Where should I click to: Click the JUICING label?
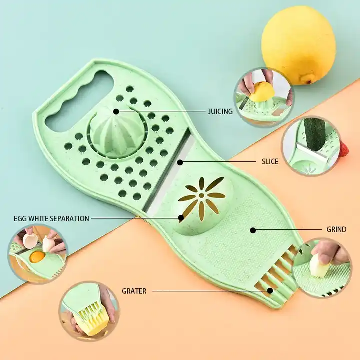pyautogui.click(x=220, y=111)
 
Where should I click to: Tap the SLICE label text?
pyautogui.click(x=270, y=161)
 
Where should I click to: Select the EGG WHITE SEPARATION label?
pyautogui.click(x=51, y=218)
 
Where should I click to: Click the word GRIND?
pyautogui.click(x=336, y=230)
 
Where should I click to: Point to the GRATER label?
pyautogui.click(x=134, y=291)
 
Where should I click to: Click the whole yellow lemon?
pyautogui.click(x=299, y=44)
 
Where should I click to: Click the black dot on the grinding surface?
pyautogui.click(x=253, y=230)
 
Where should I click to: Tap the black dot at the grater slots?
pyautogui.click(x=270, y=290)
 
